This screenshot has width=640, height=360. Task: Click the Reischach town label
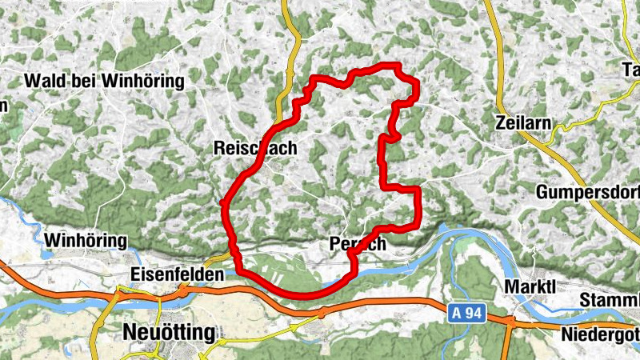pyautogui.click(x=255, y=148)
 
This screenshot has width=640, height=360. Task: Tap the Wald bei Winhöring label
pyautogui.click(x=105, y=81)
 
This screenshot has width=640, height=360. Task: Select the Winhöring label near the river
pyautogui.click(x=86, y=240)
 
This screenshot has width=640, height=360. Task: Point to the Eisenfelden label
pyautogui.click(x=175, y=274)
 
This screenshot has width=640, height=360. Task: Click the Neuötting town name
pyautogui.click(x=169, y=332)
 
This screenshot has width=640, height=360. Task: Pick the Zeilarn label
pyautogui.click(x=524, y=124)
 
